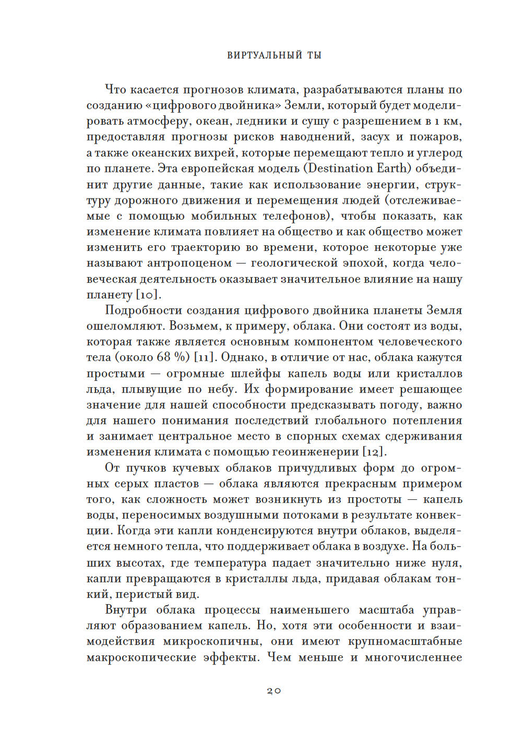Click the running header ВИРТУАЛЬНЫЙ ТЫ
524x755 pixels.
[x=274, y=55]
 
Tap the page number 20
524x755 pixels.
[x=274, y=691]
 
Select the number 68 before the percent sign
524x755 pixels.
[x=163, y=358]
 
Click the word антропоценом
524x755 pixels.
[x=190, y=264]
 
